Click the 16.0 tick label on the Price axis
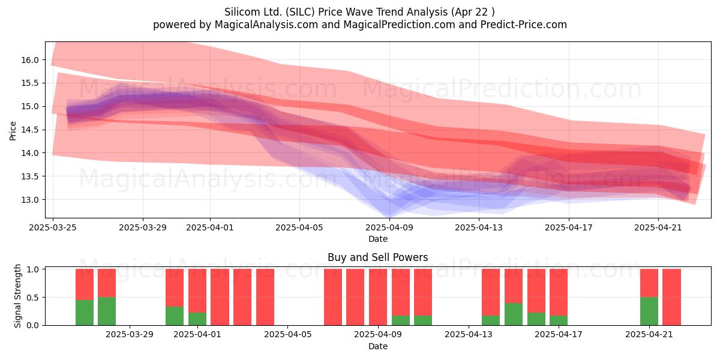click(30, 60)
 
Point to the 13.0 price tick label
click(30, 200)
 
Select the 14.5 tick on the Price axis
click(30, 130)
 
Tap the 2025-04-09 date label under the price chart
click(389, 227)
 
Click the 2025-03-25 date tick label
click(53, 227)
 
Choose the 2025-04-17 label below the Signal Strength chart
click(559, 334)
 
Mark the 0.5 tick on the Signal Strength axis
click(32, 298)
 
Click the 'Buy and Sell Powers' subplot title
click(377, 257)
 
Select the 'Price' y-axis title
click(13, 131)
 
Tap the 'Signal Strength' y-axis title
click(17, 296)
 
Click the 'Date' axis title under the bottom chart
click(377, 346)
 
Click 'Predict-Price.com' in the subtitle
click(524, 25)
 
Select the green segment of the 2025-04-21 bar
click(649, 311)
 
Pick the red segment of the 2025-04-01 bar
click(197, 290)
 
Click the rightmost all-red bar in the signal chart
click(672, 297)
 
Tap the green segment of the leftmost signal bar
click(85, 313)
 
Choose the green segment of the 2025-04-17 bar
click(559, 320)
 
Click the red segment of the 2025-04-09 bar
click(378, 297)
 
